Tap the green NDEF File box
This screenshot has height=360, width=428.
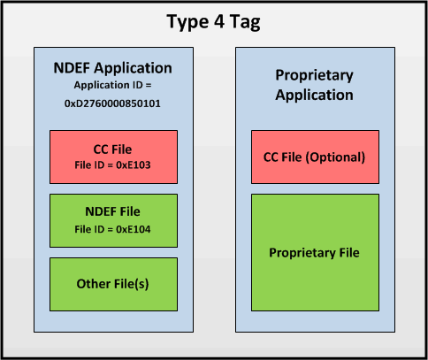(x=113, y=217)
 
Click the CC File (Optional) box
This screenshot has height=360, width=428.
(x=316, y=157)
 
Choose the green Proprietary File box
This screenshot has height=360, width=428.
(x=316, y=253)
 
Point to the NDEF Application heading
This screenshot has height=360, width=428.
(x=113, y=67)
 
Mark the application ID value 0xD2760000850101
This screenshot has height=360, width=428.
(x=113, y=103)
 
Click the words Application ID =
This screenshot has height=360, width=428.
(x=113, y=85)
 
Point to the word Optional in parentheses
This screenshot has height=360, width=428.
(x=340, y=157)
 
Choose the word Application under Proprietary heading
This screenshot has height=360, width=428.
(x=316, y=95)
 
